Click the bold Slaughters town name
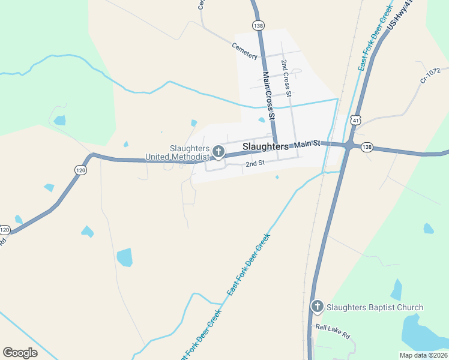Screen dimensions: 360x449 point(265,146)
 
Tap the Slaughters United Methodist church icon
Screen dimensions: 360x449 point(218,151)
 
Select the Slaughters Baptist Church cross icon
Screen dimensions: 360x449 point(318,307)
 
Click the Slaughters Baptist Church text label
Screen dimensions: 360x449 point(375,308)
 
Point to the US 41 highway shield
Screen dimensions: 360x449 point(357,121)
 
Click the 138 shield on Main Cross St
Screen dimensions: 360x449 point(258,25)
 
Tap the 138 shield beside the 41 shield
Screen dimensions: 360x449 point(367,146)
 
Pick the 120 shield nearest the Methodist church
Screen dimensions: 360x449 point(80,170)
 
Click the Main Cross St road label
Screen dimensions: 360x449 point(268,95)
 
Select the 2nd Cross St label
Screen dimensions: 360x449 point(286,79)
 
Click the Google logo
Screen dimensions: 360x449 point(20,353)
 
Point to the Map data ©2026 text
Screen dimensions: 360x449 point(423,355)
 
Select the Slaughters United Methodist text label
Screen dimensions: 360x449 point(178,153)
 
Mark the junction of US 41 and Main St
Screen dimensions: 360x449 point(348,146)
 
